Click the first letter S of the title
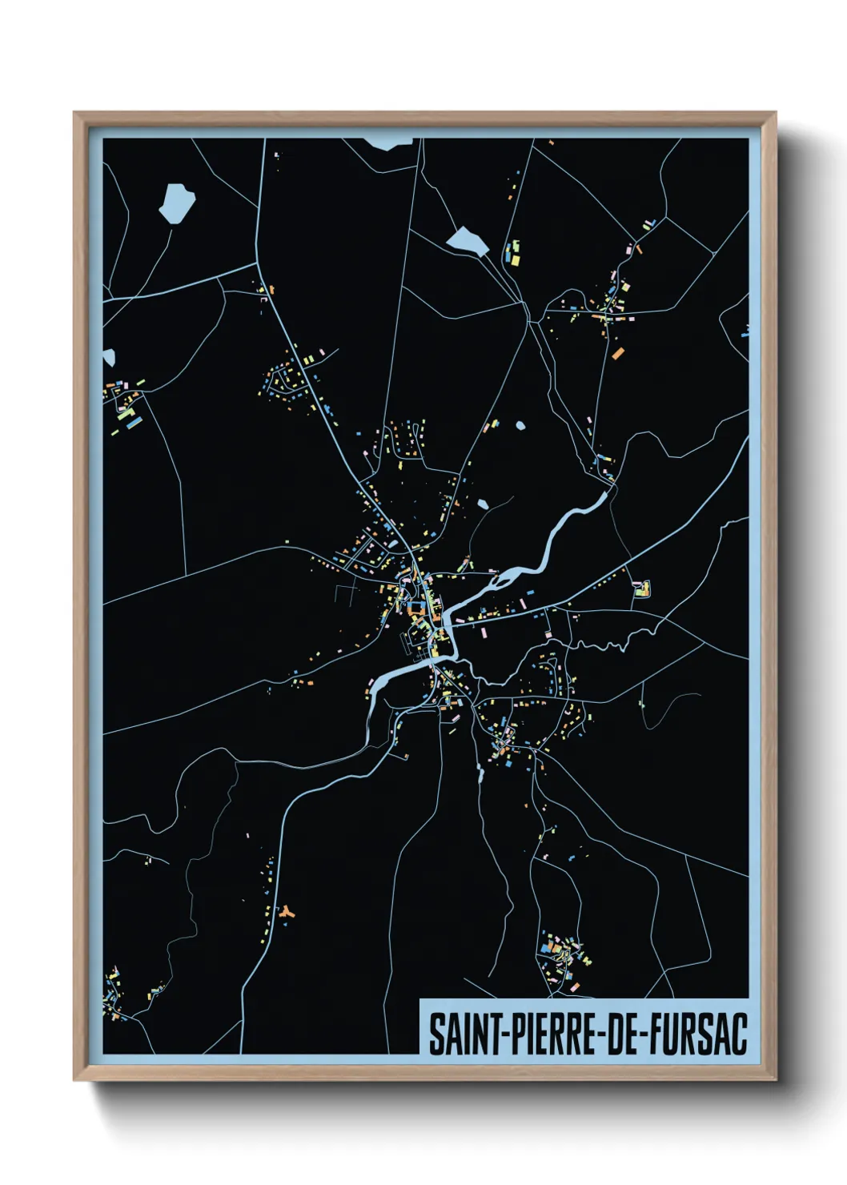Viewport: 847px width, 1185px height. pos(436,1034)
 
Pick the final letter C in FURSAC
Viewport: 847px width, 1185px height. pos(739,1034)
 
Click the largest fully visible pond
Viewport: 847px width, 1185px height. pos(176,203)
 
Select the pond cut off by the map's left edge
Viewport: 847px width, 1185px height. pos(108,357)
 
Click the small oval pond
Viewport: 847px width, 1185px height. pos(521,426)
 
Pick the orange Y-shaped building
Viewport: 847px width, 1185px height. pos(286,911)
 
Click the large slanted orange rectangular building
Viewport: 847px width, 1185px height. pos(617,351)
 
